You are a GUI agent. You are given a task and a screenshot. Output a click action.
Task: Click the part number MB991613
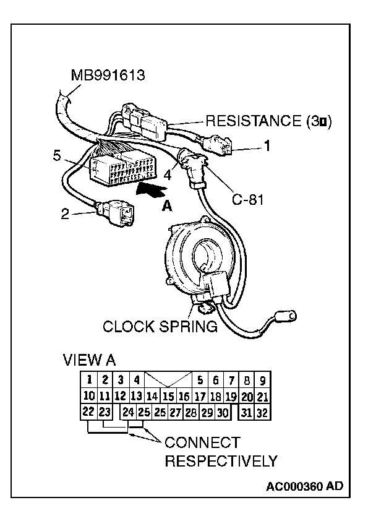tap(108, 76)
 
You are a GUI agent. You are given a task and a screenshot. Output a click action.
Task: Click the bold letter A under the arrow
tap(166, 207)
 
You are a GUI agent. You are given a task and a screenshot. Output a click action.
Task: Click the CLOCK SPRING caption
tap(160, 326)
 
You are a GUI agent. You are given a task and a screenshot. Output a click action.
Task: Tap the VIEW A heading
tap(89, 360)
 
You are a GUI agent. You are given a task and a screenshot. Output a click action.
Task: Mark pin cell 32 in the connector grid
tap(262, 412)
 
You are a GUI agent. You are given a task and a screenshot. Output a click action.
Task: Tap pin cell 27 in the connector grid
tap(175, 412)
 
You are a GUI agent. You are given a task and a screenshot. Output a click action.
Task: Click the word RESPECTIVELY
tap(220, 461)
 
